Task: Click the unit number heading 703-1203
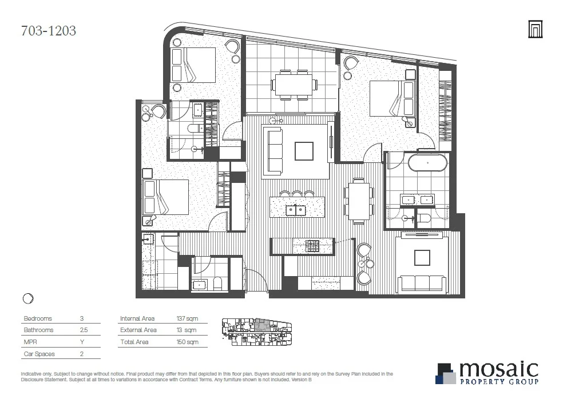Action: (x=48, y=30)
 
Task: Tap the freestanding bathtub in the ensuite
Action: (x=428, y=163)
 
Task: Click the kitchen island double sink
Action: (x=295, y=209)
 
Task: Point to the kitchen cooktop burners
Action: (x=312, y=246)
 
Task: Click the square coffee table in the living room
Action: (x=304, y=151)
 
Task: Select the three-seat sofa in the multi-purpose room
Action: (x=422, y=283)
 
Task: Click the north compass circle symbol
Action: (x=28, y=298)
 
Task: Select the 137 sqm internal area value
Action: (x=187, y=318)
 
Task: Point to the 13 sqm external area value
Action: (x=186, y=330)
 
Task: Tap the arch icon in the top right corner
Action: (x=535, y=30)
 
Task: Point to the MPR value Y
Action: (x=82, y=342)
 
